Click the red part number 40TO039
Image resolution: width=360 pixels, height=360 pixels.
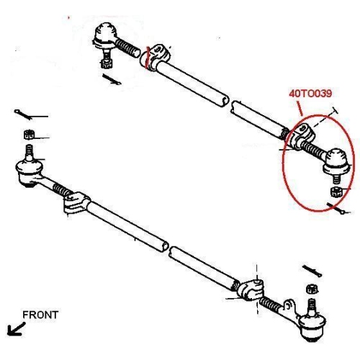pyautogui.click(x=310, y=94)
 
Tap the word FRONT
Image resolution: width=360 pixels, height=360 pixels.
pyautogui.click(x=40, y=315)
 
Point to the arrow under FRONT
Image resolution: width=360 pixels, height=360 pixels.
pyautogui.click(x=16, y=329)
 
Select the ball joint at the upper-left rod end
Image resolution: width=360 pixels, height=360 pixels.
pyautogui.click(x=105, y=35)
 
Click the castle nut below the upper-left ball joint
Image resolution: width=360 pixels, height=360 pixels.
pyautogui.click(x=106, y=63)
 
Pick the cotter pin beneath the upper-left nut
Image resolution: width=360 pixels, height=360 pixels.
pyautogui.click(x=112, y=79)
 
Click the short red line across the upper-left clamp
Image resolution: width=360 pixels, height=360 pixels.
pyautogui.click(x=148, y=57)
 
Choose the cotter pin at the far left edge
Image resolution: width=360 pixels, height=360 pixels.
pyautogui.click(x=23, y=114)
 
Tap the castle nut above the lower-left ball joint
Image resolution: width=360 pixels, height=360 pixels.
pyautogui.click(x=29, y=134)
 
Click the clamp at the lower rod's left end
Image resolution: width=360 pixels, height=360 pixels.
pyautogui.click(x=77, y=202)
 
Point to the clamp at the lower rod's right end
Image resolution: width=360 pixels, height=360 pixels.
pyautogui.click(x=250, y=289)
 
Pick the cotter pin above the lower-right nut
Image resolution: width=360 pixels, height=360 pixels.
pyautogui.click(x=312, y=271)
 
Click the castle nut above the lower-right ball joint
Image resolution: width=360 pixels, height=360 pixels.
pyautogui.click(x=312, y=289)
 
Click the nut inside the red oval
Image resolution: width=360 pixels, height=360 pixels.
pyautogui.click(x=336, y=192)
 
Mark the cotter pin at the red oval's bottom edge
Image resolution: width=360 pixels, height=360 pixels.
pyautogui.click(x=336, y=208)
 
